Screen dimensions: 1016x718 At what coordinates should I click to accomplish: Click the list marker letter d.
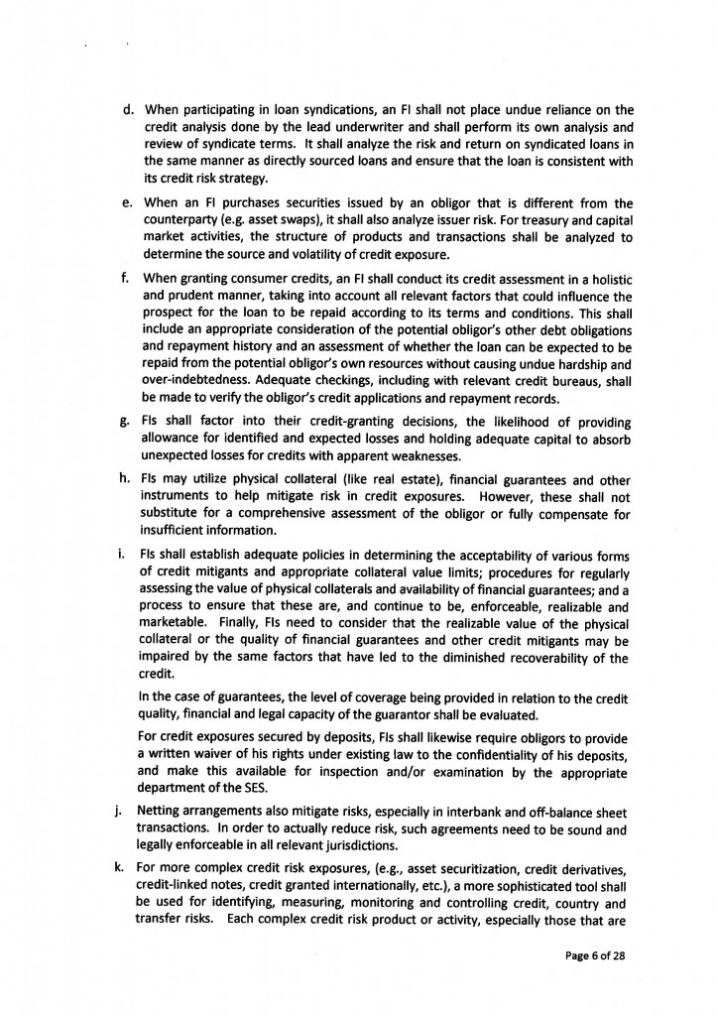coord(128,109)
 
